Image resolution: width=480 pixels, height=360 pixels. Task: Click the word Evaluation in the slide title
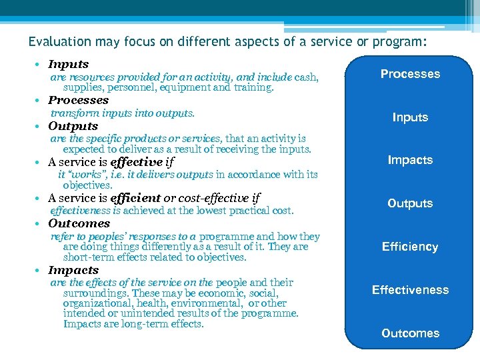click(59, 41)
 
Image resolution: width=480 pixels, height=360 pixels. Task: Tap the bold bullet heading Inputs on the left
click(68, 65)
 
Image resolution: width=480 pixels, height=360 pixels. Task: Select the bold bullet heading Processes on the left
click(78, 100)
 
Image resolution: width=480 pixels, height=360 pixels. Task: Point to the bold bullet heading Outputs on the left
click(73, 126)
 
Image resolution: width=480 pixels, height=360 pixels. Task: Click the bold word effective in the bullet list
click(136, 162)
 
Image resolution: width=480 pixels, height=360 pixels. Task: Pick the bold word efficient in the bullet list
click(135, 198)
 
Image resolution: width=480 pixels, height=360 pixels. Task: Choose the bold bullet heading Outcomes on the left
click(79, 223)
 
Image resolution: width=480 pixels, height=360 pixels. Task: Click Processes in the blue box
click(410, 74)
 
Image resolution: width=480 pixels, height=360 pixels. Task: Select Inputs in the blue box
click(410, 117)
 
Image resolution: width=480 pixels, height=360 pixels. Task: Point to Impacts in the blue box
click(410, 160)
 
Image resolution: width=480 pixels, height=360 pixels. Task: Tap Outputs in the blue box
click(410, 203)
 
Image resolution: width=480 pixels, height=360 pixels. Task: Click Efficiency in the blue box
click(410, 247)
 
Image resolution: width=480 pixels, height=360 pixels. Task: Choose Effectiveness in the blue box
click(410, 290)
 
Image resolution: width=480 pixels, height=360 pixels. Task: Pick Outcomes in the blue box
click(410, 333)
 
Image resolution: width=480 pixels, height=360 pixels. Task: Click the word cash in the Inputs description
click(306, 77)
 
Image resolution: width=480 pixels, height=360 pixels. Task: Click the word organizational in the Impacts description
click(95, 303)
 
